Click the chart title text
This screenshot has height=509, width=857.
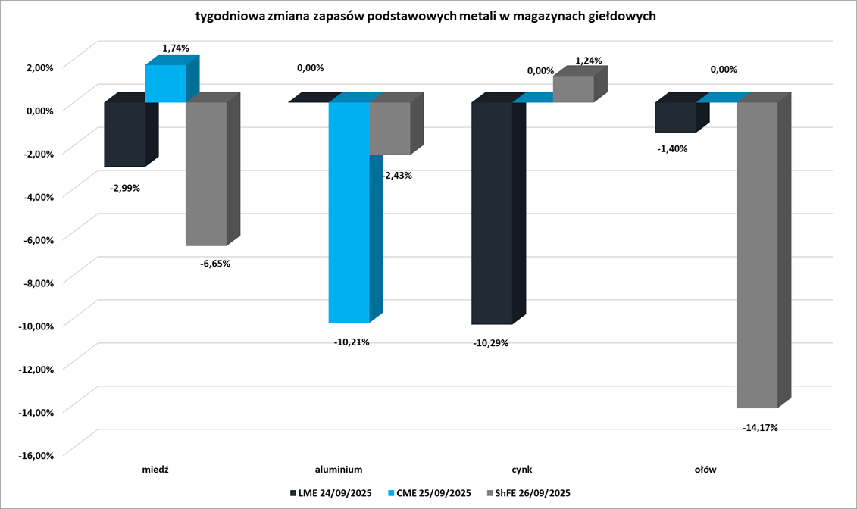pyautogui.click(x=425, y=16)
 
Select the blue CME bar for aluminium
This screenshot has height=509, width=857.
pyautogui.click(x=349, y=212)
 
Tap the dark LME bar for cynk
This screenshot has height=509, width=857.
pyautogui.click(x=491, y=213)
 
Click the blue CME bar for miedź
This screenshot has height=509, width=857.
pyautogui.click(x=165, y=83)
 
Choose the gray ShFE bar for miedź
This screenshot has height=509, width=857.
pyautogui.click(x=206, y=173)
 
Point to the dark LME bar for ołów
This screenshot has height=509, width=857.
pyautogui.click(x=675, y=117)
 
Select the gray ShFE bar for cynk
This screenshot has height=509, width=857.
pyautogui.click(x=574, y=89)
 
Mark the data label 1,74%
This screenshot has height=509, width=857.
pyautogui.click(x=175, y=48)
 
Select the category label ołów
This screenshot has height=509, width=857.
pyautogui.click(x=705, y=470)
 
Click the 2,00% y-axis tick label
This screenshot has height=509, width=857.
pyautogui.click(x=40, y=67)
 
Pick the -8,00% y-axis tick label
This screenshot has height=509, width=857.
pyautogui.click(x=37, y=283)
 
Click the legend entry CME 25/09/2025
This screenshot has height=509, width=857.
pyautogui.click(x=429, y=493)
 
